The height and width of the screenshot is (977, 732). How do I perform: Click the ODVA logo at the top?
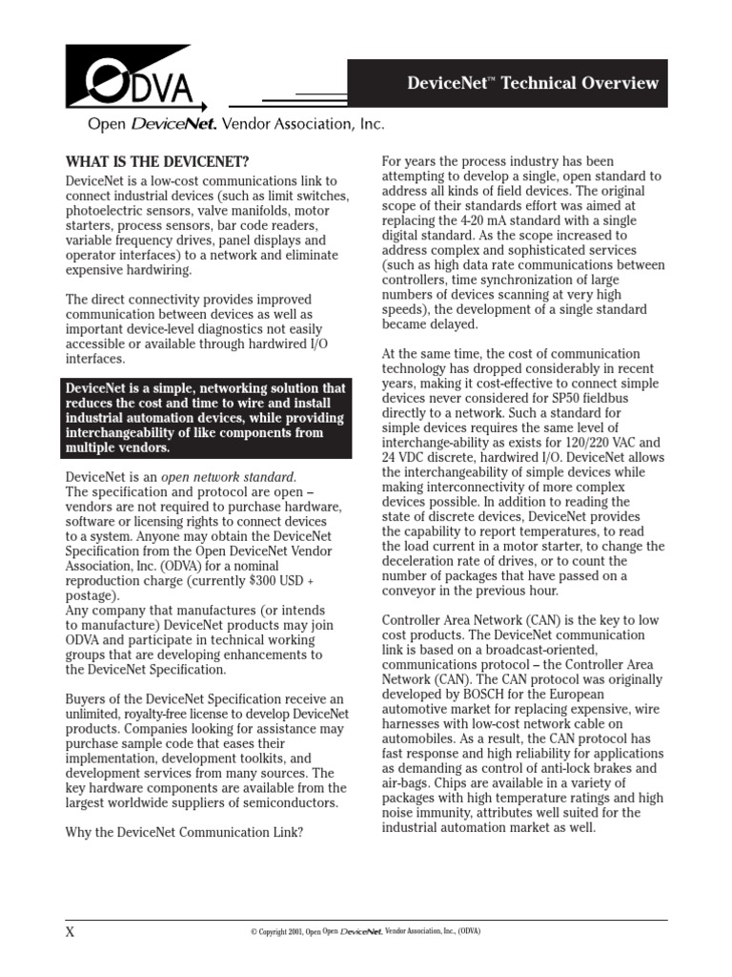[x=133, y=80]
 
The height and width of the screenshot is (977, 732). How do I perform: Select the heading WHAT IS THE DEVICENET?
[x=162, y=160]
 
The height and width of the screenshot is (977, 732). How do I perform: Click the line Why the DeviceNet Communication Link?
[x=184, y=832]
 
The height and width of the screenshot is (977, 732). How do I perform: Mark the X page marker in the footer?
[x=70, y=933]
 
